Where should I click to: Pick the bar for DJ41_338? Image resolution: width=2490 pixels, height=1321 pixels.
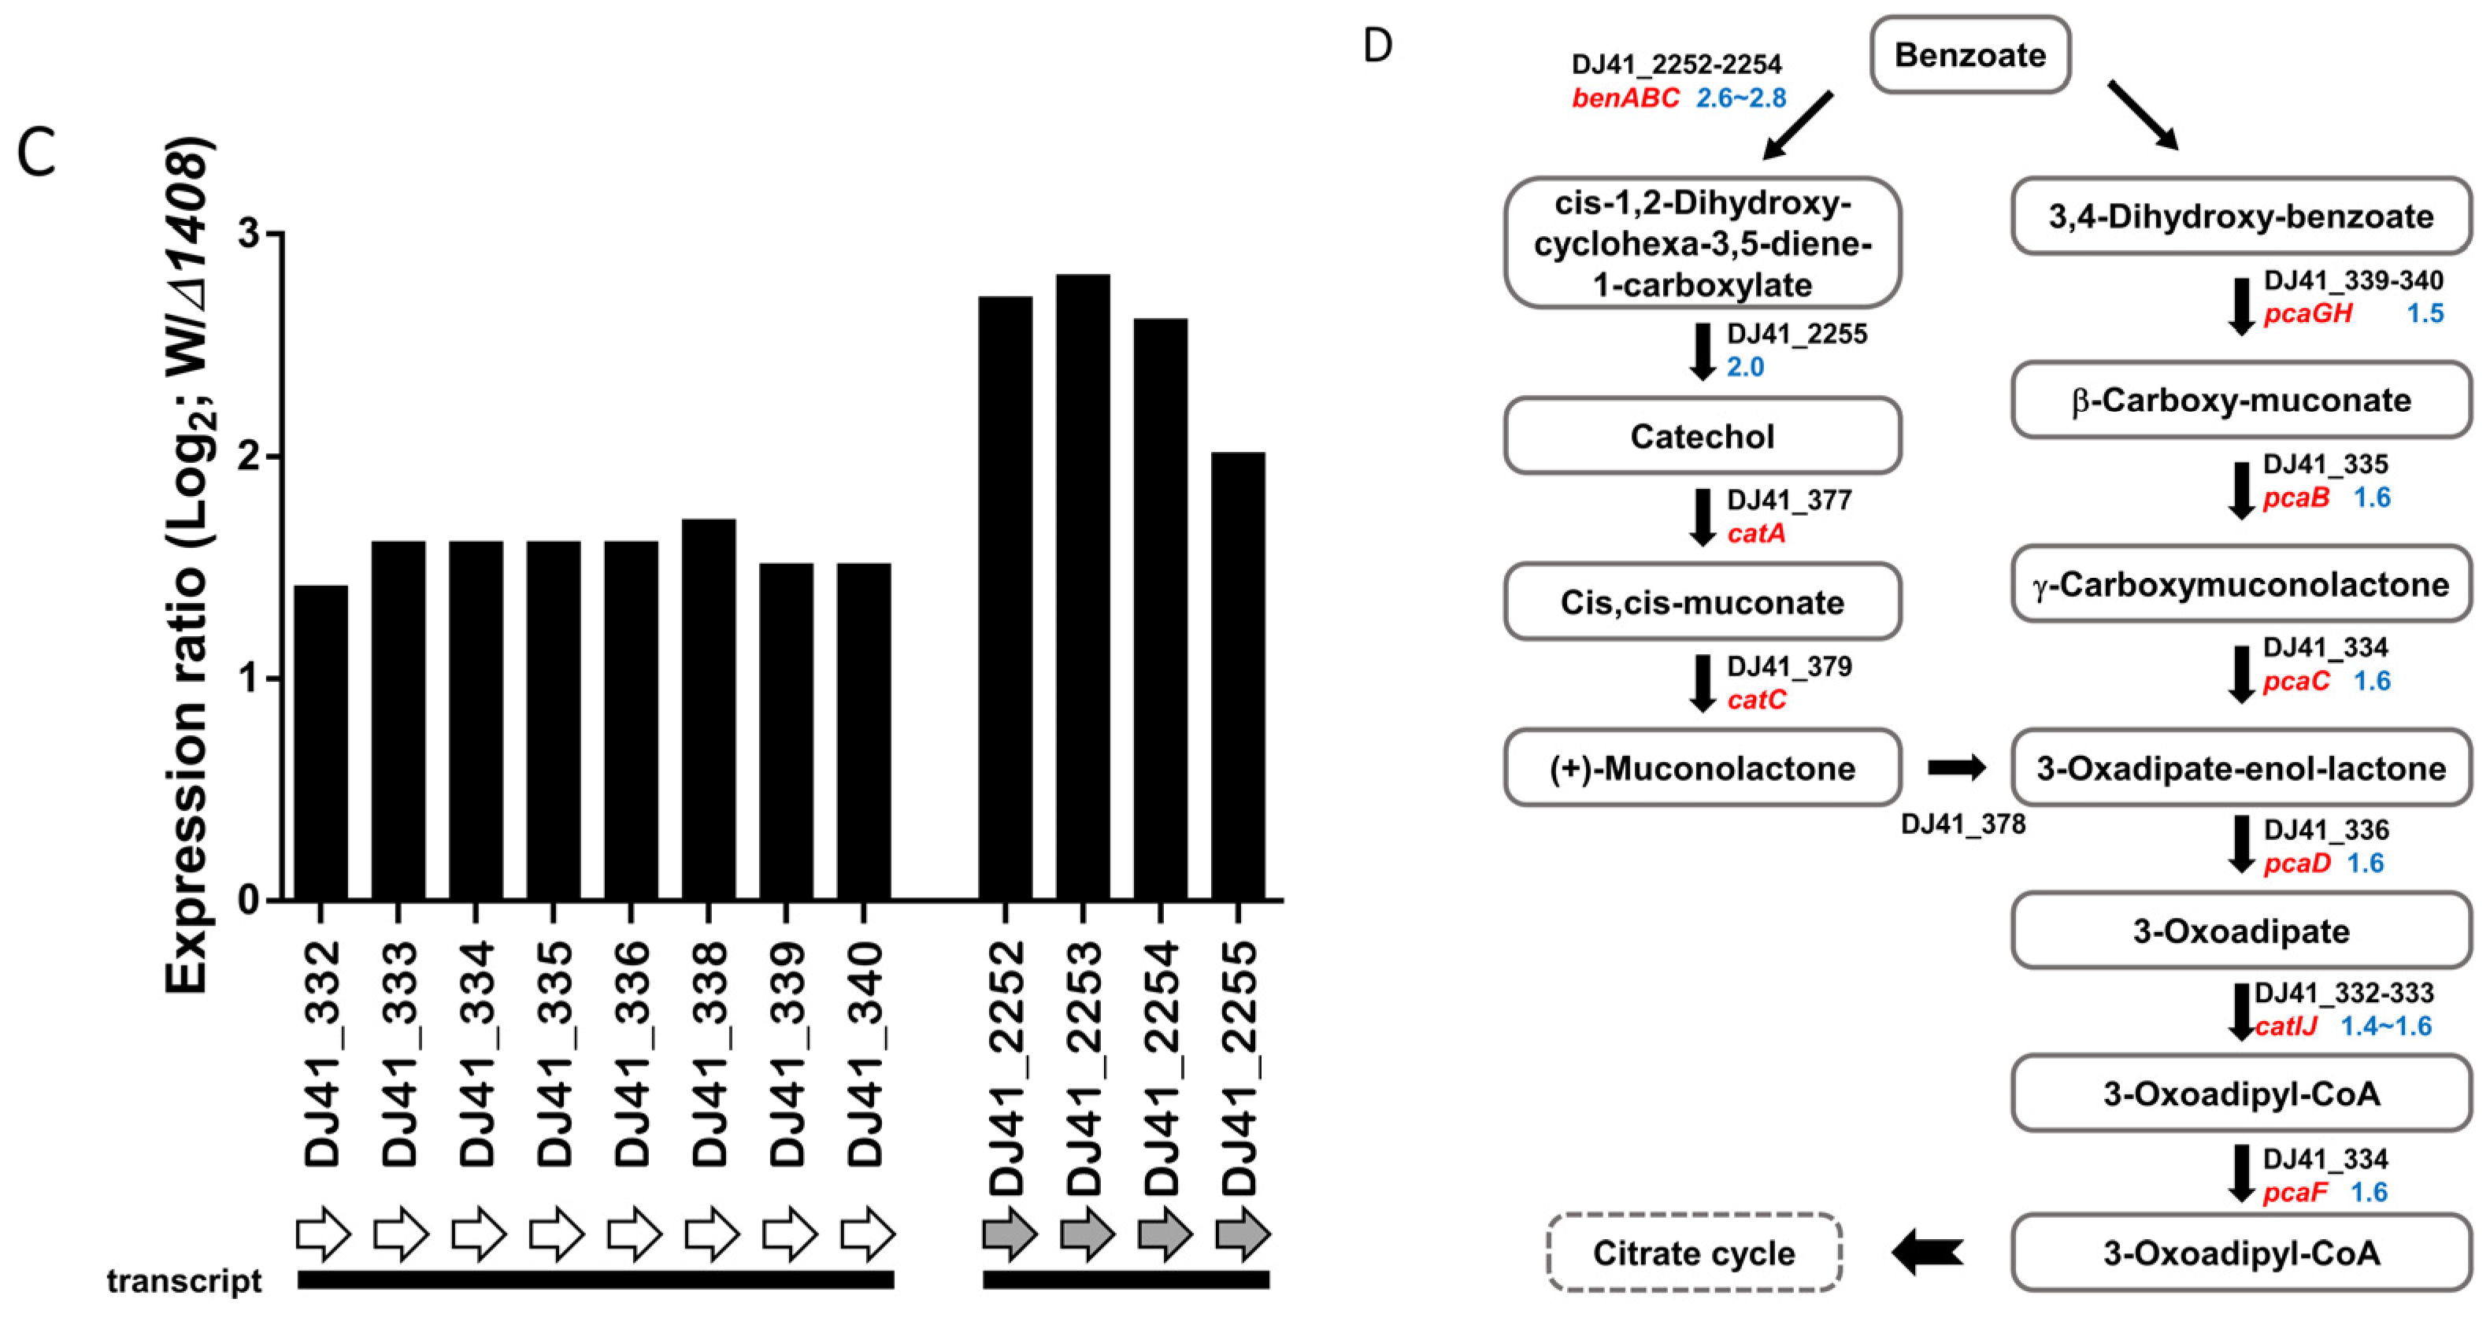709,709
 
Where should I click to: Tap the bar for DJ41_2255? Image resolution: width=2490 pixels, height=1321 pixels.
1238,675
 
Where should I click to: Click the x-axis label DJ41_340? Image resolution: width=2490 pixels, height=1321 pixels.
865,1053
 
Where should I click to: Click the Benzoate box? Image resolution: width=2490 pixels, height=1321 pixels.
1970,55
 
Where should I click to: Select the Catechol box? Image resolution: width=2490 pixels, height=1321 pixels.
1703,436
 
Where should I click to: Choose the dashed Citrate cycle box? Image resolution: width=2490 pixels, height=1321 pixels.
1694,1253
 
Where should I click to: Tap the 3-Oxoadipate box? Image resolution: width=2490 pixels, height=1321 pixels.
2240,931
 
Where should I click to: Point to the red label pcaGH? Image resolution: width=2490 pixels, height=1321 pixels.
2307,314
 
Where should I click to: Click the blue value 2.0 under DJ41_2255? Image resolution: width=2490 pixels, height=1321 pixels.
1745,367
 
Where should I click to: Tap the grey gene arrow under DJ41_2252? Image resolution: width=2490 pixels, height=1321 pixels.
1009,1234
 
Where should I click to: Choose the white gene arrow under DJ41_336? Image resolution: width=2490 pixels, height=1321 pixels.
634,1234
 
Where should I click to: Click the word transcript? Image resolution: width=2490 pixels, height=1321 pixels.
183,1282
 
